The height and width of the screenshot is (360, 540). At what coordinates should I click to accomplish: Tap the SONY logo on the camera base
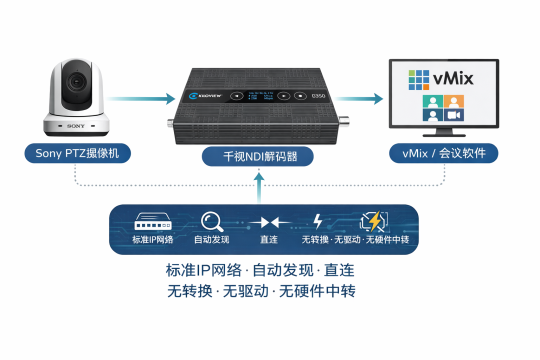coord(76,126)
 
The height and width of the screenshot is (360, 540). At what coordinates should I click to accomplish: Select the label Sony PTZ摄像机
coord(77,153)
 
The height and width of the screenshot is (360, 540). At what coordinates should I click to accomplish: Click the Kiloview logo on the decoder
coord(202,95)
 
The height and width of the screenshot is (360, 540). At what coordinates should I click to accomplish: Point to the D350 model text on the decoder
coord(318,95)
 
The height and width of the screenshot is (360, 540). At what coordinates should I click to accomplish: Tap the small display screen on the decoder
coord(260,95)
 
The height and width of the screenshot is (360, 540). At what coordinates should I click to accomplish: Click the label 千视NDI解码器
coord(257,156)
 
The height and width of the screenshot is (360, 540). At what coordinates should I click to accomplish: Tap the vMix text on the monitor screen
coord(452,78)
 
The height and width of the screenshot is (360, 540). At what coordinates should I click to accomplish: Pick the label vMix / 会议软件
coord(444,153)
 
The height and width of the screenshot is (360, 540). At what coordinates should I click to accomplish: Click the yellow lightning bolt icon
coord(374,220)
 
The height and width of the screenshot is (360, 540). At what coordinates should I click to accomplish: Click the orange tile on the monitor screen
coord(453,101)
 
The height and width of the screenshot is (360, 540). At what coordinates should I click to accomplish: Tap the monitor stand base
coord(444,133)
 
